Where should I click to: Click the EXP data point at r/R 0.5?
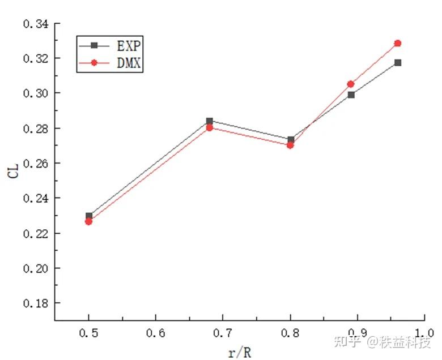(89, 216)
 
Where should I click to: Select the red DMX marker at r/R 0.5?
(89, 221)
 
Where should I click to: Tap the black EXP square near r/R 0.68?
(210, 121)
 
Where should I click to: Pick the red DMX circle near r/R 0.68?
(210, 128)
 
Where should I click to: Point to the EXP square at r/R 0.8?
(291, 139)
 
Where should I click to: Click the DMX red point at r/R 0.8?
(291, 145)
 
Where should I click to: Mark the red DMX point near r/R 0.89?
(351, 84)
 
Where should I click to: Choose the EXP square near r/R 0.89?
(351, 95)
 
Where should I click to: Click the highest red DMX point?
(398, 43)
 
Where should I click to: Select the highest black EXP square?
(398, 62)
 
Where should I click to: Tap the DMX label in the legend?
(125, 64)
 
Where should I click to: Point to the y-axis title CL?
(14, 170)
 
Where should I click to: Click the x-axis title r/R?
(240, 353)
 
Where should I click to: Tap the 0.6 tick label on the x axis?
(156, 333)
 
